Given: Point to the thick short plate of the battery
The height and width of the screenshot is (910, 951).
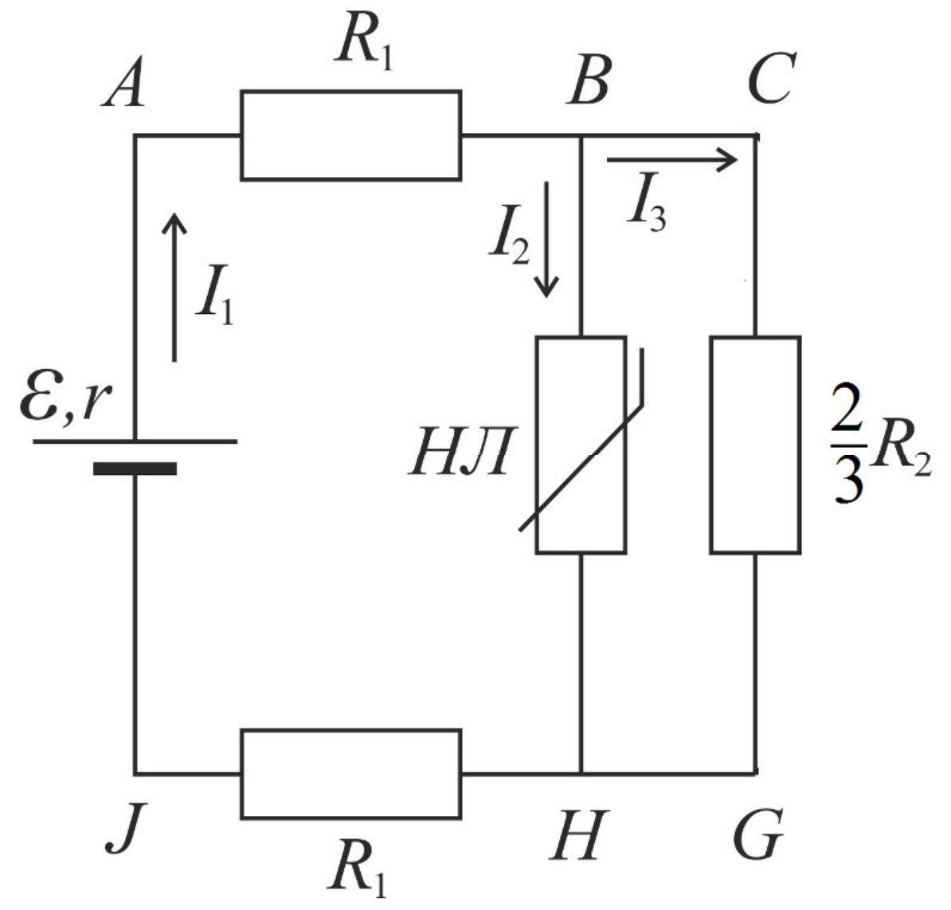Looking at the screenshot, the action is (135, 469).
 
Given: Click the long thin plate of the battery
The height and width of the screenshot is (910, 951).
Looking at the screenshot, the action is (135, 441).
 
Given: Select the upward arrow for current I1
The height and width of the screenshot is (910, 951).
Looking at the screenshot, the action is (174, 288).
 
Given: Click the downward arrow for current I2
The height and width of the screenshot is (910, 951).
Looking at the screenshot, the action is (546, 239).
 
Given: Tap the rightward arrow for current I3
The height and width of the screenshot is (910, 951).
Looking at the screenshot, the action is (672, 160).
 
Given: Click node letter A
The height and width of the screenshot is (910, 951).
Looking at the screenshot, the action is (124, 82).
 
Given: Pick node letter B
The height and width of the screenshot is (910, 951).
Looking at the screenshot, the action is (588, 80).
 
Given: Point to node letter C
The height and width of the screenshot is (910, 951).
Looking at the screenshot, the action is (771, 79).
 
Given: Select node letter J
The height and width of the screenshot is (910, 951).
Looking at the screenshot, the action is (126, 827).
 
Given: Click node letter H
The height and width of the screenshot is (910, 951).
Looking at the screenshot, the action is (577, 835).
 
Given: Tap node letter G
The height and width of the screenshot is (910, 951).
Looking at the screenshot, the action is (758, 834).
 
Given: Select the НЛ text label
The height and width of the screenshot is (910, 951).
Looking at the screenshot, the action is (462, 452).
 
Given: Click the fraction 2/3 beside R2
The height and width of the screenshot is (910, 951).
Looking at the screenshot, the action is (847, 444).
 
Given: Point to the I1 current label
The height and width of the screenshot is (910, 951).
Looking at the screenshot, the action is (214, 295).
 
